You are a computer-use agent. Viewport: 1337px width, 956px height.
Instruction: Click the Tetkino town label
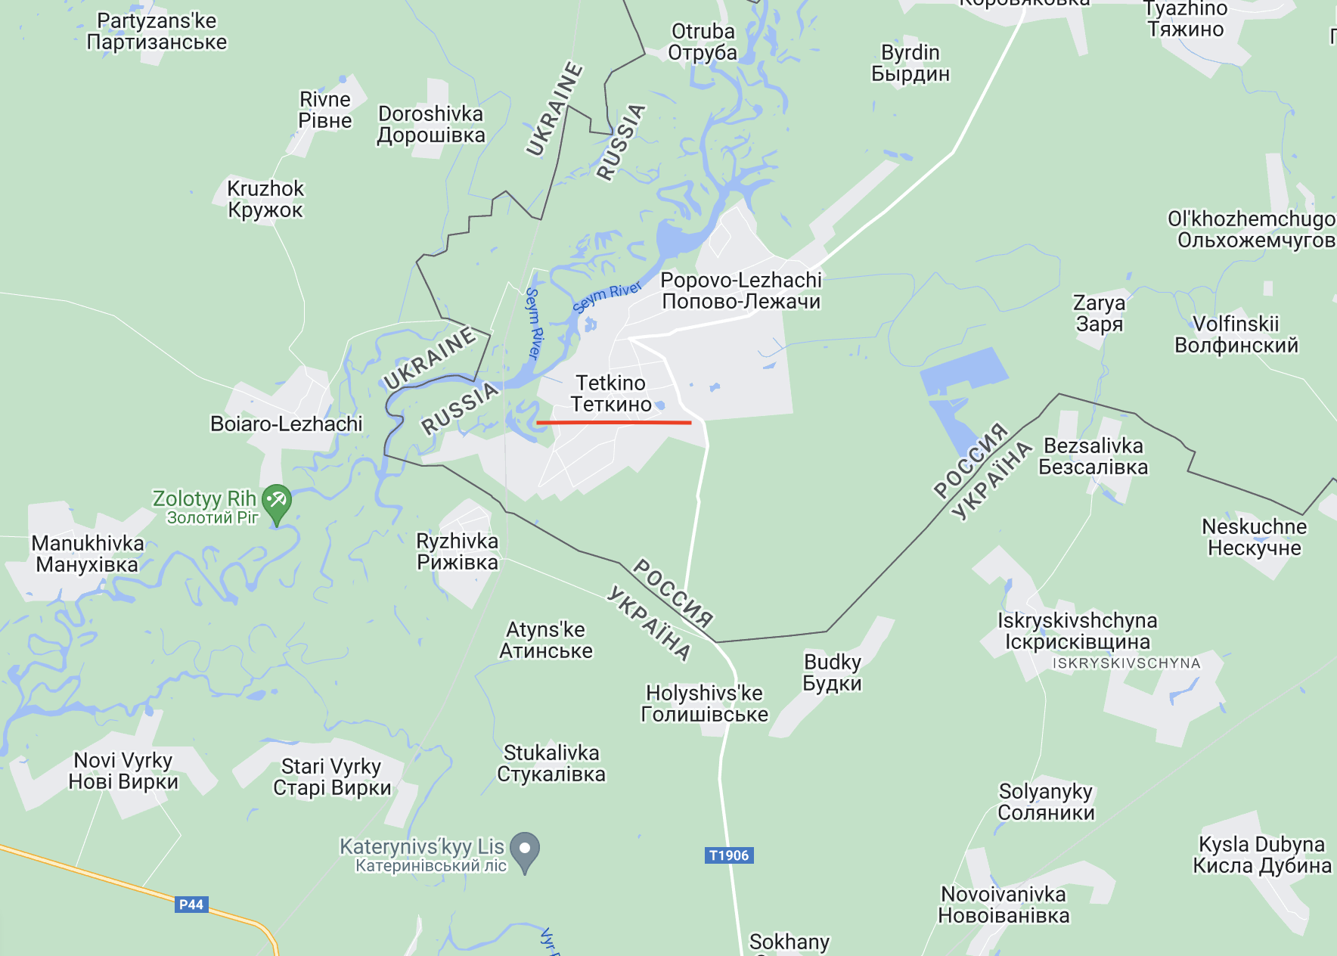point(611,393)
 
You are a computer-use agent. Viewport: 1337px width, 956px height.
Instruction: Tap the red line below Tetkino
point(613,422)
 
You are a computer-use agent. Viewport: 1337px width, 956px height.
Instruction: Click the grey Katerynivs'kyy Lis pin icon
point(525,850)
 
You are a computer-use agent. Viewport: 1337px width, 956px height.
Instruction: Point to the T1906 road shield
point(729,855)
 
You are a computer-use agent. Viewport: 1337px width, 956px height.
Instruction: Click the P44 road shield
point(191,904)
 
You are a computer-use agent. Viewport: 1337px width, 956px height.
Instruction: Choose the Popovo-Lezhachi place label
point(741,290)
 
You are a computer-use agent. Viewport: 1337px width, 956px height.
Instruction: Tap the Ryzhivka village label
point(458,551)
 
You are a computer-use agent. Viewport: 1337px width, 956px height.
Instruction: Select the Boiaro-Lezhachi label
point(286,424)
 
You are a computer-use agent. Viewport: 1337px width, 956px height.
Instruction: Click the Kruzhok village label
point(265,199)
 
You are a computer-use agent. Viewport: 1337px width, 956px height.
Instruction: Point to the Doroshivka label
point(431,124)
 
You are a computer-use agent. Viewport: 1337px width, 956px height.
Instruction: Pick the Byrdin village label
point(910,63)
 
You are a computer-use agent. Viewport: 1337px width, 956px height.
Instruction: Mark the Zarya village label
point(1099,313)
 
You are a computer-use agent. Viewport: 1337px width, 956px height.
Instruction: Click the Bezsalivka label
point(1093,456)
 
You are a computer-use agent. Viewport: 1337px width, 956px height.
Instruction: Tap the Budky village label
point(832,672)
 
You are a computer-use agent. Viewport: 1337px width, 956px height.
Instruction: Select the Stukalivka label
point(551,763)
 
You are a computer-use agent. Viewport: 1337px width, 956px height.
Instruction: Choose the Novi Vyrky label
point(123,771)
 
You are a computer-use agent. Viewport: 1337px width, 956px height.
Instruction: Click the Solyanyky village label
point(1046,802)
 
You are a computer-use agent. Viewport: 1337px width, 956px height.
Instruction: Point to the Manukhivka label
point(88,554)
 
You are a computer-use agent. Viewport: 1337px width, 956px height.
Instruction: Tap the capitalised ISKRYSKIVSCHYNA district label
point(1126,663)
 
